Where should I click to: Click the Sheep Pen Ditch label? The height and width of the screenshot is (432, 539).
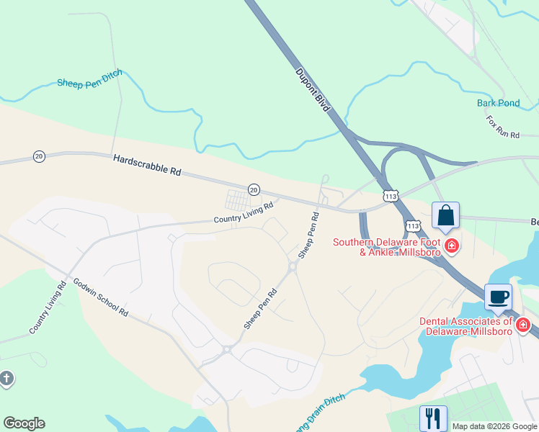(x=89, y=78)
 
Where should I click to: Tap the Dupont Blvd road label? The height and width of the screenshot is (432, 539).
(x=312, y=90)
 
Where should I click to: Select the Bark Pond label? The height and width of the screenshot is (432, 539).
(x=498, y=103)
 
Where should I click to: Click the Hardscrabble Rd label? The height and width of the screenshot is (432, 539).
(x=147, y=166)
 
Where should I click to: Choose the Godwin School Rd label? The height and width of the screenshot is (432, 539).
(x=100, y=297)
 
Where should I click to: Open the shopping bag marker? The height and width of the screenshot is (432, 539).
(x=445, y=215)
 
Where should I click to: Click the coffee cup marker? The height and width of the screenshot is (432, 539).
(x=498, y=297)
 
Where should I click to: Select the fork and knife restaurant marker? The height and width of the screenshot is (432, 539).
(x=433, y=418)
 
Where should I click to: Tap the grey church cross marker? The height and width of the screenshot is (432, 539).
(x=6, y=378)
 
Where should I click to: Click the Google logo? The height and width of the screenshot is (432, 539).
(x=24, y=423)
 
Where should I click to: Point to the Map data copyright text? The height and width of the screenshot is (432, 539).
(x=494, y=426)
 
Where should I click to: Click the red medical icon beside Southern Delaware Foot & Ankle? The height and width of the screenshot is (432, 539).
(x=452, y=247)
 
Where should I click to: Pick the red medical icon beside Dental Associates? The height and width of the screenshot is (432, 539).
(x=523, y=325)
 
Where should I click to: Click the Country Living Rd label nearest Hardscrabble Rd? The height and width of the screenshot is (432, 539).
(x=244, y=212)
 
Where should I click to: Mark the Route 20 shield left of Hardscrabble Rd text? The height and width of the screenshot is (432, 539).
(x=39, y=156)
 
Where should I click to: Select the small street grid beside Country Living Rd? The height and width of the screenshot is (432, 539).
(x=239, y=199)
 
